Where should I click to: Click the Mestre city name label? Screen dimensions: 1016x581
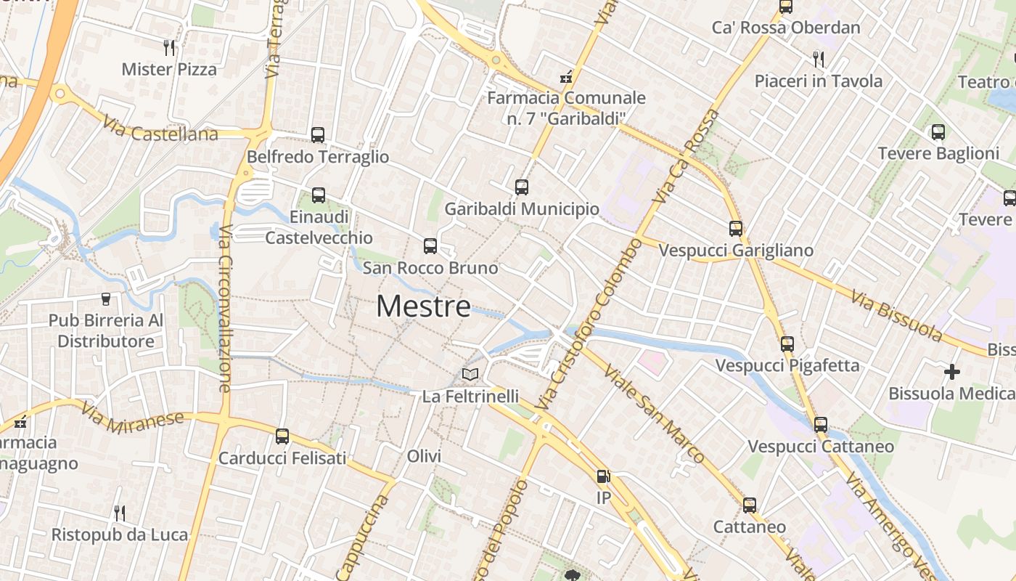pyautogui.click(x=423, y=306)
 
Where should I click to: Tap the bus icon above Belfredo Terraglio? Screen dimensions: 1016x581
pyautogui.click(x=318, y=134)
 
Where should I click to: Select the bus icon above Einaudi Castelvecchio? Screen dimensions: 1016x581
pyautogui.click(x=319, y=195)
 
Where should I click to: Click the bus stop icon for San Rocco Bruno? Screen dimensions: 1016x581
pyautogui.click(x=430, y=246)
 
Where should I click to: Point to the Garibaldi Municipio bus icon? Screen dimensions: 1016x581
pyautogui.click(x=522, y=187)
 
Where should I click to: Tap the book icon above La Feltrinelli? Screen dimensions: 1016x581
pyautogui.click(x=470, y=375)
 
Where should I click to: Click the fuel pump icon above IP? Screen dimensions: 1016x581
pyautogui.click(x=603, y=476)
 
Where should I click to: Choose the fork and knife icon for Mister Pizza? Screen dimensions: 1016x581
pyautogui.click(x=169, y=48)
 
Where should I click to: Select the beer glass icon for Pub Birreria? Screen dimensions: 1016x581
pyautogui.click(x=106, y=299)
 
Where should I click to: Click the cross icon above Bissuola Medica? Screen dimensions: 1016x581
pyautogui.click(x=952, y=372)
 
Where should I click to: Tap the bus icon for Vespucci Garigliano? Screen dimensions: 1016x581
pyautogui.click(x=736, y=229)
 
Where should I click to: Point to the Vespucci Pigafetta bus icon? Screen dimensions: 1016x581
pyautogui.click(x=787, y=344)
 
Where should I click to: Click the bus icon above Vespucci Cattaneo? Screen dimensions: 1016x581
pyautogui.click(x=821, y=424)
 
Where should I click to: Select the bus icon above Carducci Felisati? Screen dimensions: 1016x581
pyautogui.click(x=282, y=436)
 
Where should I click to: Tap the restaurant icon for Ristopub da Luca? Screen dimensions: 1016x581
pyautogui.click(x=120, y=513)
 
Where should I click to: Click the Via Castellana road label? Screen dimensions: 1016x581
pyautogui.click(x=160, y=129)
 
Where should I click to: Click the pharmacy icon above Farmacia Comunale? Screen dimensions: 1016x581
pyautogui.click(x=566, y=76)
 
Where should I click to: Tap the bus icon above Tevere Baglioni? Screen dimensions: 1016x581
pyautogui.click(x=938, y=132)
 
